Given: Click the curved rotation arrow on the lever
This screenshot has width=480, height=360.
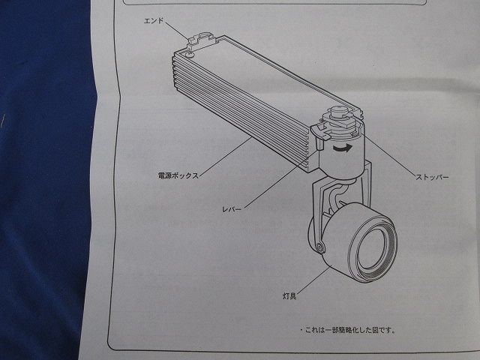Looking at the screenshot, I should point(342,149).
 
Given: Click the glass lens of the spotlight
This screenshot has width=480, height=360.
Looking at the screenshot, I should point(372,247).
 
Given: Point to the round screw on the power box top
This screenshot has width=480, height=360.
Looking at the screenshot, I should point(189,53).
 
